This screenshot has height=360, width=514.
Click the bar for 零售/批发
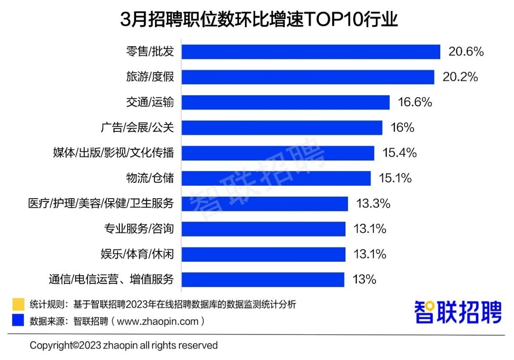pos(310,52)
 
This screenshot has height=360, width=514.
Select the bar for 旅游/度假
pos(307,77)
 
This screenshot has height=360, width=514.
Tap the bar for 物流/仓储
pos(276,179)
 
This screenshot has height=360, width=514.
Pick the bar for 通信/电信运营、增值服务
pos(262,280)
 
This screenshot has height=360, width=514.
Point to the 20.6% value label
pos(466,51)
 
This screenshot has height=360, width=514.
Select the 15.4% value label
pos(399,153)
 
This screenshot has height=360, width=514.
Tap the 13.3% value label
pos(373,204)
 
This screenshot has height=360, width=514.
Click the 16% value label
pos(402,128)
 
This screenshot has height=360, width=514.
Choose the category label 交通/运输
pos(150,102)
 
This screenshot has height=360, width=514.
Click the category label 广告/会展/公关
pos(138,128)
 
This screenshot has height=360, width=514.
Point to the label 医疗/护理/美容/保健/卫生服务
pos(100,204)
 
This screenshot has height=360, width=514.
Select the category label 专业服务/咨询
pos(139,229)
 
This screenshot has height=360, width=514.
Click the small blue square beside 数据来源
pos(18,320)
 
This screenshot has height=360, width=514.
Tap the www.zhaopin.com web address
pos(158,321)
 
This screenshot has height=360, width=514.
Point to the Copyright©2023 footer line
pos(124,345)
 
